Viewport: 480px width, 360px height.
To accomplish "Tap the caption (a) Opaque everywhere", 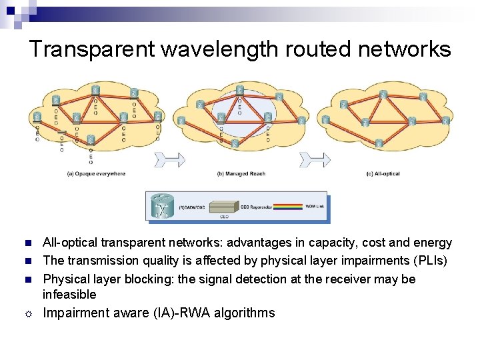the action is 96,174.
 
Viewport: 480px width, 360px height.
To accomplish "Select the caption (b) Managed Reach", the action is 241,174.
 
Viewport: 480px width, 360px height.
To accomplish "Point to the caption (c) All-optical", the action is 383,174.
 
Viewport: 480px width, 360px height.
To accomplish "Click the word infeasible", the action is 69,295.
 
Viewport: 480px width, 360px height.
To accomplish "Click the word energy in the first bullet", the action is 434,243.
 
